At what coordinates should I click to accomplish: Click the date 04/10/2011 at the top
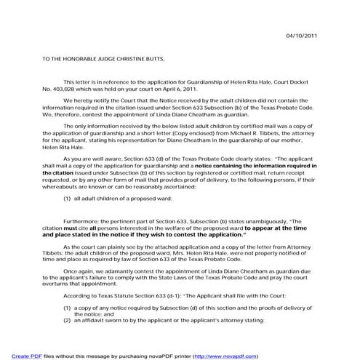coord(300,36)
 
